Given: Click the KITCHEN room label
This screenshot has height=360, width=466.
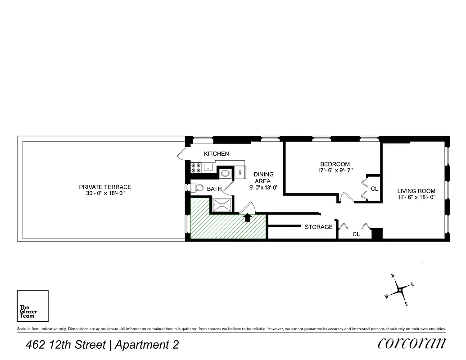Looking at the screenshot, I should [216, 153].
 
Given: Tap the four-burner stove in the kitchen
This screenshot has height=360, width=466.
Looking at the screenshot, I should [196, 168].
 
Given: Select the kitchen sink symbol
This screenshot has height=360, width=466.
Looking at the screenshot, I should [208, 168].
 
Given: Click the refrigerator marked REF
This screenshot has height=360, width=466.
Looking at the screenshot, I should [240, 171].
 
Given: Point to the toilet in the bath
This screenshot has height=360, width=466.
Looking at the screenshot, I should [198, 188].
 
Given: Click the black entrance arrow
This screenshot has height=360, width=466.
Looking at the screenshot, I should [247, 218].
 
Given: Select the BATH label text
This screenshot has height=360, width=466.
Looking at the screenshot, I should [214, 189].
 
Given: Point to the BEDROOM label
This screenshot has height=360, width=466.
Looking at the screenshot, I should [335, 164].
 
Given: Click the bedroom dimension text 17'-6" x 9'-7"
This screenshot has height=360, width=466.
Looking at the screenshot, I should [335, 171].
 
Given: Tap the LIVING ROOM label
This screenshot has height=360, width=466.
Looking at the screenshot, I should [416, 191].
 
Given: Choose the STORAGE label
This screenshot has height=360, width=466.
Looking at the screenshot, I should [318, 227].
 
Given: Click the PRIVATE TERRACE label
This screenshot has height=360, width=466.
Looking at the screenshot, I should [105, 187].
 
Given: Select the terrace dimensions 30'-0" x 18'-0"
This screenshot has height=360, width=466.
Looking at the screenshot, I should [105, 193].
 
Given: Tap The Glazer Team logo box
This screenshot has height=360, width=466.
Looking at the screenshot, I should [32, 306].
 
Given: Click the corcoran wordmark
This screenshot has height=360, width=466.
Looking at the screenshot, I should [412, 343].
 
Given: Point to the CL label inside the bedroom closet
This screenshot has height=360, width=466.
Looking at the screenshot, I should [374, 189].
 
